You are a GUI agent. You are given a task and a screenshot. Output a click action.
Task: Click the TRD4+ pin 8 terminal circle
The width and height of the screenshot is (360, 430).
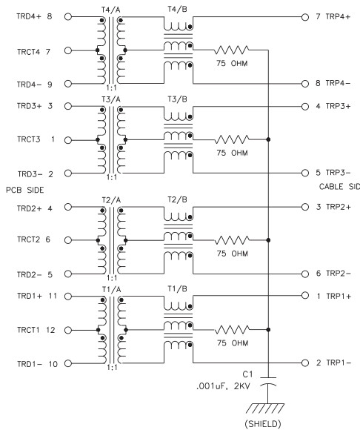68,17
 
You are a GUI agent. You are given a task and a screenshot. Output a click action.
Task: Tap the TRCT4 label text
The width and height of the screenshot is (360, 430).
28,52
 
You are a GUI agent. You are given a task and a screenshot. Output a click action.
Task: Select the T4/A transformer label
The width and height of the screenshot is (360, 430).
110,10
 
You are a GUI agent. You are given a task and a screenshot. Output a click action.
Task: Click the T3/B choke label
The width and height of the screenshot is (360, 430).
177,99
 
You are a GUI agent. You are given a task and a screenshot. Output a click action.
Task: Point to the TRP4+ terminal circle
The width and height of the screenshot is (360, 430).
305,17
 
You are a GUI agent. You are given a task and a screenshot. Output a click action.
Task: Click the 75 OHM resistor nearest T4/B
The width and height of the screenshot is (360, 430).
232,50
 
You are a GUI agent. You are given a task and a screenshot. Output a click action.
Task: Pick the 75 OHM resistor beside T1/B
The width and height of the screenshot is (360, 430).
232,330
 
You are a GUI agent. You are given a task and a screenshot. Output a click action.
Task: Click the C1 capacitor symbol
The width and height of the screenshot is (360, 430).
267,382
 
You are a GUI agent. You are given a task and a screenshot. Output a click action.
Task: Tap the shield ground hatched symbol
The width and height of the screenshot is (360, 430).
265,408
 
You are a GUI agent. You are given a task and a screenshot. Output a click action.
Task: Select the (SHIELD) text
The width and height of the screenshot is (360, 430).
263,423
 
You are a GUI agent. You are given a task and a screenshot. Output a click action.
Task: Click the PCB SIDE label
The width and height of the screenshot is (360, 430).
25,190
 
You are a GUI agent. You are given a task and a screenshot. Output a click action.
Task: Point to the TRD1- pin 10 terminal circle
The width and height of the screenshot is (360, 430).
68,363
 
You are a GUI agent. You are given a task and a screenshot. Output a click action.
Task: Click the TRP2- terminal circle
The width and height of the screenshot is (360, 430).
305,274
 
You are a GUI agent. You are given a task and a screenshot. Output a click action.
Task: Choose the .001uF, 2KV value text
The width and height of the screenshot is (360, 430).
223,386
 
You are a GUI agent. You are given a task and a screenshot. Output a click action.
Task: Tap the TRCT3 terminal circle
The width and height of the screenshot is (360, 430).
68,140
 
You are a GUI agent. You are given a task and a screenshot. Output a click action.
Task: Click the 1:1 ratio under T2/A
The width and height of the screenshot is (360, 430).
112,278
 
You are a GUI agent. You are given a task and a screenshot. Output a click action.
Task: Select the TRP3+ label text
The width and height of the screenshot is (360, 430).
338,106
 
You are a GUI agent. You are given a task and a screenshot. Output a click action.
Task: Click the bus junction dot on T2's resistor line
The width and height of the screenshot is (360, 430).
268,240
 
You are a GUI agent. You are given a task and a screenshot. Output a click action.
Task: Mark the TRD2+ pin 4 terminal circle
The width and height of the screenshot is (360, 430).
68,207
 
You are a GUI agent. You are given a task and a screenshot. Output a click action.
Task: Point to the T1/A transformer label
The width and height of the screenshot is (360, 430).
112,290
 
